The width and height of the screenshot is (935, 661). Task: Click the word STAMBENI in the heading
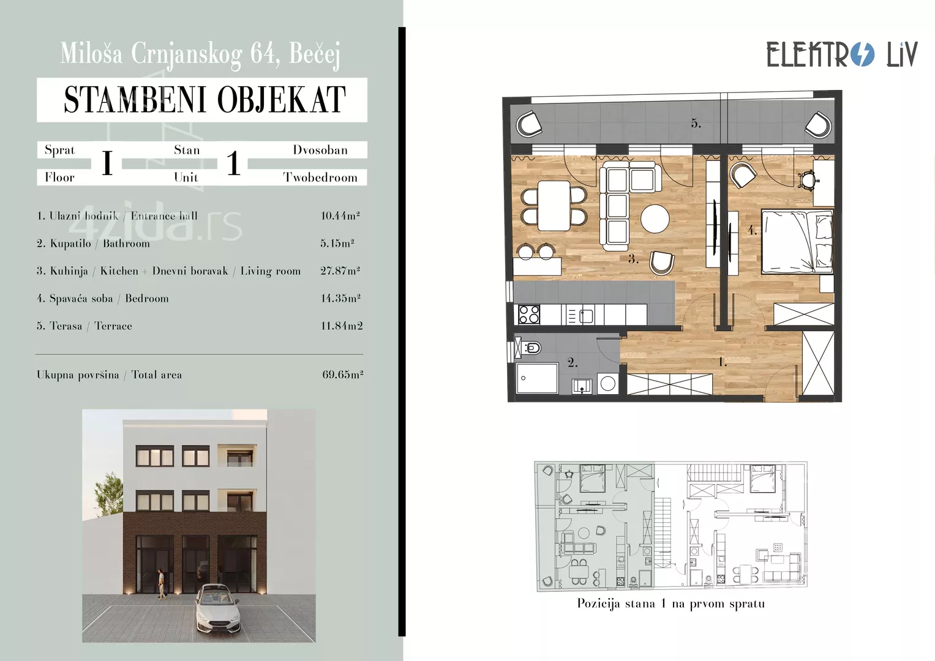pyautogui.click(x=135, y=100)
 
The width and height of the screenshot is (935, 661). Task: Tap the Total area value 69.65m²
pyautogui.click(x=343, y=375)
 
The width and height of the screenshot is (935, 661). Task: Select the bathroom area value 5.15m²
pyautogui.click(x=337, y=243)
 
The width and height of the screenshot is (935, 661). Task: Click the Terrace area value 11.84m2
pyautogui.click(x=342, y=326)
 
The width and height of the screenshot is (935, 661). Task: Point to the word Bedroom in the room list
pyautogui.click(x=147, y=299)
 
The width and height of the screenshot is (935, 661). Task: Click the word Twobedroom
pyautogui.click(x=320, y=177)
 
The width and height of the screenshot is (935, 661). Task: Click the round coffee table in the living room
pyautogui.click(x=655, y=218)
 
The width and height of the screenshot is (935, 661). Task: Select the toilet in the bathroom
pyautogui.click(x=529, y=347)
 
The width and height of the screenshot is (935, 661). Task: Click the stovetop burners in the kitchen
pyautogui.click(x=529, y=314)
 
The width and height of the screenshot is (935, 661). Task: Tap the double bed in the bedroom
pyautogui.click(x=797, y=242)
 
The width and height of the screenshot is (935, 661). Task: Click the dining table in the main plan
pyautogui.click(x=554, y=206)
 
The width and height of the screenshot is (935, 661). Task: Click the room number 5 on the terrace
pyautogui.click(x=696, y=124)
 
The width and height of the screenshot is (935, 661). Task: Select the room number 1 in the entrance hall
pyautogui.click(x=723, y=362)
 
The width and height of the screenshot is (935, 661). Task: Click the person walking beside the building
pyautogui.click(x=161, y=584)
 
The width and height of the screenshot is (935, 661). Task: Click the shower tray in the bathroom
pyautogui.click(x=537, y=378)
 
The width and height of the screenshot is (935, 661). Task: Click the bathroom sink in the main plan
pyautogui.click(x=582, y=386)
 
